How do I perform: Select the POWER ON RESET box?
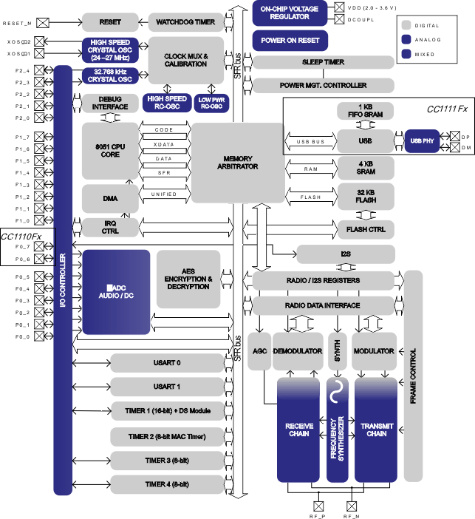[x=290, y=40]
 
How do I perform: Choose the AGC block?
[x=259, y=350]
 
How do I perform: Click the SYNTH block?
[x=337, y=350]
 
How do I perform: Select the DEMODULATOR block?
[x=298, y=350]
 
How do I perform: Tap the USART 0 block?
[x=167, y=363]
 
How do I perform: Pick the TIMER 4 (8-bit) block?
[x=167, y=484]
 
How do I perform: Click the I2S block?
[x=346, y=255]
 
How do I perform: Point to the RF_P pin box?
[x=319, y=506]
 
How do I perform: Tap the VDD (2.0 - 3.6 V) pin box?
[x=339, y=7]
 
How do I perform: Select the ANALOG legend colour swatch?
[x=406, y=39]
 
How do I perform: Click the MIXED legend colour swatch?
[x=406, y=54]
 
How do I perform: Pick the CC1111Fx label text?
[x=448, y=109]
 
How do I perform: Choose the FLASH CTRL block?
[x=366, y=229]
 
